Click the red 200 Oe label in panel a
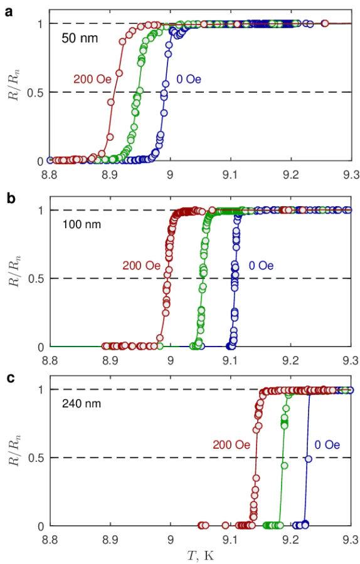coord(85,80)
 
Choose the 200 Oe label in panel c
coord(231,445)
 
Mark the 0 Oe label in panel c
coord(327,445)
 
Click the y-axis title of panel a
coord(15,92)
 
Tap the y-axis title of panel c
coord(15,457)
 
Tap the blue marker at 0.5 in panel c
coord(308,459)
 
